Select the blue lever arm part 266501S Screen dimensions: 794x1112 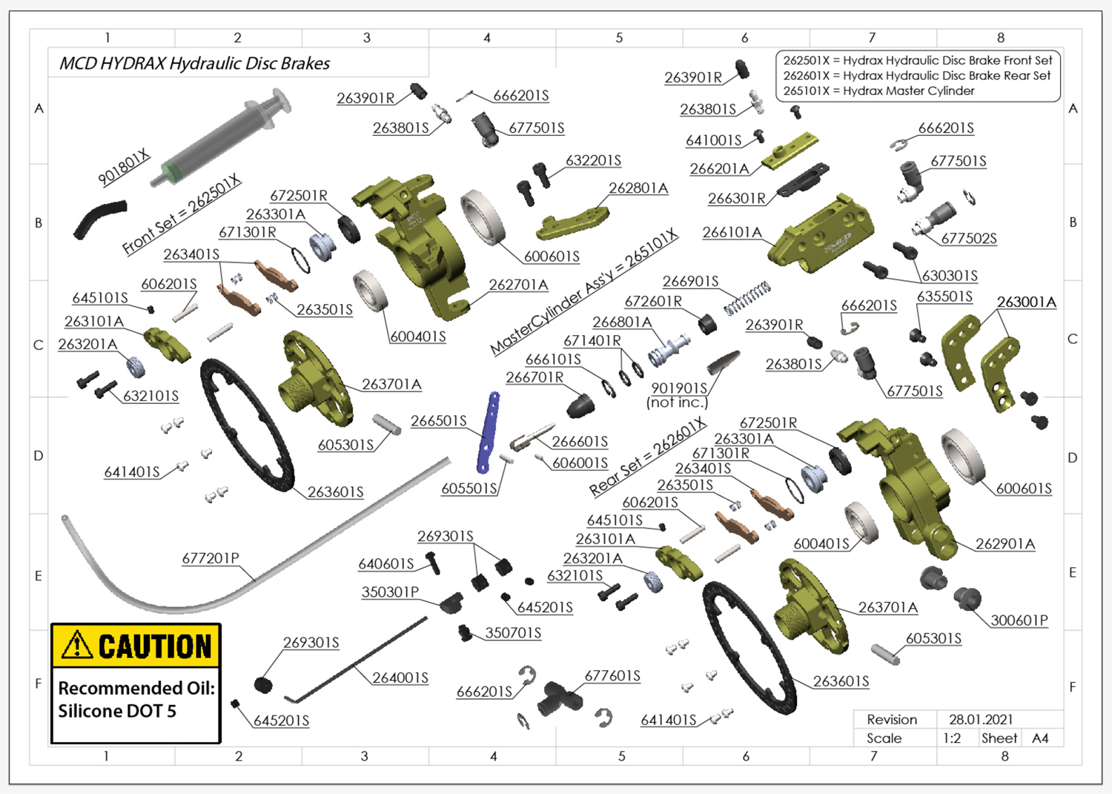point(489,433)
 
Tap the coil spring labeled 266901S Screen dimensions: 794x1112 point(747,298)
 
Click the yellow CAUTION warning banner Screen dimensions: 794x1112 point(136,646)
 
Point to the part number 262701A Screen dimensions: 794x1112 point(518,285)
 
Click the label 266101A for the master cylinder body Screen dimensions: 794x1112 point(732,233)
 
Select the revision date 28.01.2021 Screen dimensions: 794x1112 point(980,719)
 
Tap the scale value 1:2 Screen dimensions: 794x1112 point(952,738)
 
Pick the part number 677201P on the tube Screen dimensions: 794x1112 point(211,558)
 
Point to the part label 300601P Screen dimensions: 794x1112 point(1019,621)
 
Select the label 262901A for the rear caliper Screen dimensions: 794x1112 point(1005,543)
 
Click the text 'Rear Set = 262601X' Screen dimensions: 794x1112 point(647,457)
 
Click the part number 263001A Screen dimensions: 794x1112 point(1026,302)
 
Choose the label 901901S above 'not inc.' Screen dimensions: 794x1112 point(679,388)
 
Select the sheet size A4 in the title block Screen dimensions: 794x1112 point(1040,738)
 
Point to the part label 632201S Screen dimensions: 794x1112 point(593,161)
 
